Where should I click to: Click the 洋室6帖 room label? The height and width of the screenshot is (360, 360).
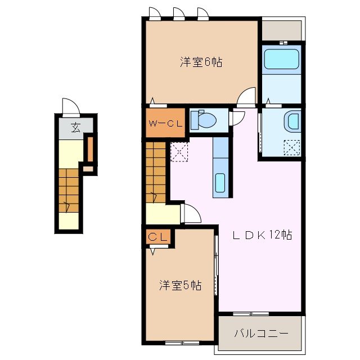[201, 62]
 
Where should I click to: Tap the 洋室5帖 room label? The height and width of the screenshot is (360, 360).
[179, 286]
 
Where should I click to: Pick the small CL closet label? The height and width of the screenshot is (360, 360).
[158, 237]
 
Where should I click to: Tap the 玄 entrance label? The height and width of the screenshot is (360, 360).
[75, 128]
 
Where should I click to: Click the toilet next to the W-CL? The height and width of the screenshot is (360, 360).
[202, 119]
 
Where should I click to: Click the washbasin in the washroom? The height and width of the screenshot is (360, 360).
[292, 121]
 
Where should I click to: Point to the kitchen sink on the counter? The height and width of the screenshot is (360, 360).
[220, 183]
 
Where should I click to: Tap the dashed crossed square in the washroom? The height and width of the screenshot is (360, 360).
[292, 147]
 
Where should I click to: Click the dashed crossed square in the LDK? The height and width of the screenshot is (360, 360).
[179, 152]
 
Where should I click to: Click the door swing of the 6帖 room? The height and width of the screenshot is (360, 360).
[246, 97]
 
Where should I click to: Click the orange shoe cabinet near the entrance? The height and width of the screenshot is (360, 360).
[88, 149]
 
